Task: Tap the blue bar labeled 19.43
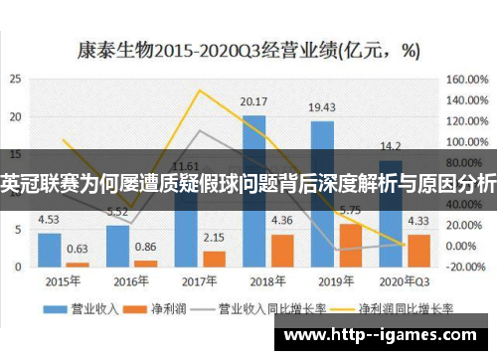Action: click(x=322, y=194)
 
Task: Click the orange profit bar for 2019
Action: click(x=350, y=245)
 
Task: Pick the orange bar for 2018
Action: click(x=282, y=250)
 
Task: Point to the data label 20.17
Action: click(x=254, y=101)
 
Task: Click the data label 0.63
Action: click(x=77, y=249)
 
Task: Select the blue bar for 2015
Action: click(x=49, y=249)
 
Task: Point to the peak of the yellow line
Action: click(x=200, y=90)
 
